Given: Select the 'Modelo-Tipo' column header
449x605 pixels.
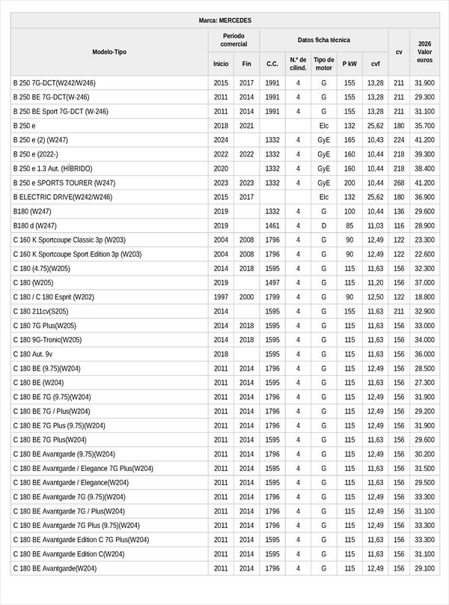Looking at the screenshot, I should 109,52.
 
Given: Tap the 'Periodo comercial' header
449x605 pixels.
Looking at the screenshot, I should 233,40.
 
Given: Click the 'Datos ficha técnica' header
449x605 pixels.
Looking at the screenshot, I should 323,40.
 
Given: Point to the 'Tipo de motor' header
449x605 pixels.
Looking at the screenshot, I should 323,64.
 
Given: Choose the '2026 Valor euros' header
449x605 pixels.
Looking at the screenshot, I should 424,52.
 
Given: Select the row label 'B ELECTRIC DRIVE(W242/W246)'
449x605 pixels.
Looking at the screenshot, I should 63,197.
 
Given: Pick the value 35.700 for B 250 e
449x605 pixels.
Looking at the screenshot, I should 424,126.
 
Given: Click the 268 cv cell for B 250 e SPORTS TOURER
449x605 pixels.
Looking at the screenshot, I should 399,183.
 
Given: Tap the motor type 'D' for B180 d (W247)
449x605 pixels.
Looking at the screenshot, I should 323,225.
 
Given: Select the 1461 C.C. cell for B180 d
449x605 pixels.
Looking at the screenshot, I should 272,225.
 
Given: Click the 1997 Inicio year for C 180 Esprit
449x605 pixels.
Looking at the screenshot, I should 221,297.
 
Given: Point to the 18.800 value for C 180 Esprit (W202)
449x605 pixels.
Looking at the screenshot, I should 424,297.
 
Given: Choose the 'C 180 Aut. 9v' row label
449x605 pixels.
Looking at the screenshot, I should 33,354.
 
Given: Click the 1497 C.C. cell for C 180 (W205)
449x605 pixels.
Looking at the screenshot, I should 272,282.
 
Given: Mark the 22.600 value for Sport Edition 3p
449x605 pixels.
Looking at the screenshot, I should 424,254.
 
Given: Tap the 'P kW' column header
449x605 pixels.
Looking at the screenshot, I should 349,64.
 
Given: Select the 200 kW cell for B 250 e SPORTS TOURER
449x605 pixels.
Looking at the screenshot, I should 349,183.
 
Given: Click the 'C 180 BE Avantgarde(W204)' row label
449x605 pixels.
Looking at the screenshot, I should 55,568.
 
